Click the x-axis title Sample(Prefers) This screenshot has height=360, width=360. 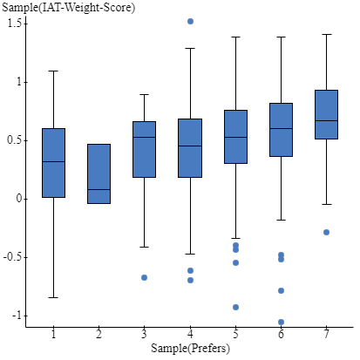(190, 349)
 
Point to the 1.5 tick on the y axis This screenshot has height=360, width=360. (15, 22)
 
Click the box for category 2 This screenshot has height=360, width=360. (99, 173)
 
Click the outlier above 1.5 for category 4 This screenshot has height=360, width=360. (190, 21)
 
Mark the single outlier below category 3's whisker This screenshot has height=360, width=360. (145, 277)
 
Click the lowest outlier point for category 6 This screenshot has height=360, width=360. (281, 322)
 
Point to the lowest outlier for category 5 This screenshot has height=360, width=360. (235, 307)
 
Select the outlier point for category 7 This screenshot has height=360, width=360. (326, 232)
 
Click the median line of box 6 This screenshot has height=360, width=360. (281, 128)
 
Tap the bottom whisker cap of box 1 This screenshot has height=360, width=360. (54, 297)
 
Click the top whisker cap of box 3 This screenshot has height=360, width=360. (145, 94)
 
